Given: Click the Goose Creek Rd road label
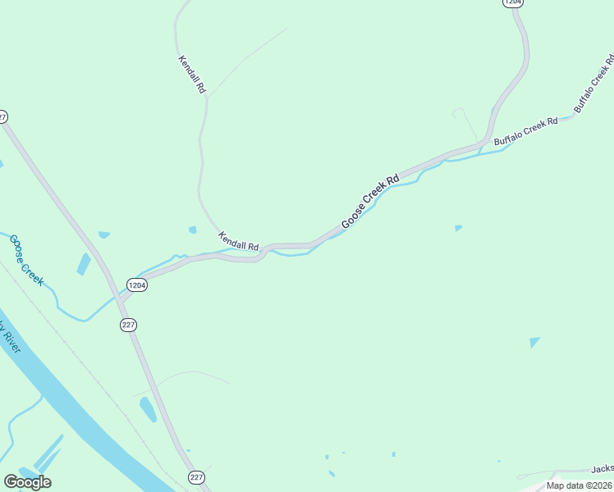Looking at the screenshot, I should coord(369,202).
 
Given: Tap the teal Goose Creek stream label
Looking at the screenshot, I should coord(26,260).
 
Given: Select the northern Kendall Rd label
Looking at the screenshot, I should coord(191,75).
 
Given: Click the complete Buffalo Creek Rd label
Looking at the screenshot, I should coord(526,131).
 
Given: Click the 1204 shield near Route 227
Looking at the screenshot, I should coord(136,285).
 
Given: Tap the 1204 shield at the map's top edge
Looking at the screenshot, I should coord(512,3).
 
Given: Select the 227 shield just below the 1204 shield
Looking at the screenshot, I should coord(127,325).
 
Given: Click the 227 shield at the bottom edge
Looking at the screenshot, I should coord(196,477).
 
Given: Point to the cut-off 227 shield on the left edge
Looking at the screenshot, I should coord(2,116).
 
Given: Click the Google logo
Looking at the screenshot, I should coord(27,481).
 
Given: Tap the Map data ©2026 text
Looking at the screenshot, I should coord(579,485).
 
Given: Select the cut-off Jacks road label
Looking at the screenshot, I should coord(602,469).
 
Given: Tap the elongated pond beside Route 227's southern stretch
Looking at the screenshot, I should coord(148,409).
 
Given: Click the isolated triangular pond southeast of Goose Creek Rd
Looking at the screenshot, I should coord(534,342).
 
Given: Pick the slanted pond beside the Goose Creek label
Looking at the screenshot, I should coord(84,264).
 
